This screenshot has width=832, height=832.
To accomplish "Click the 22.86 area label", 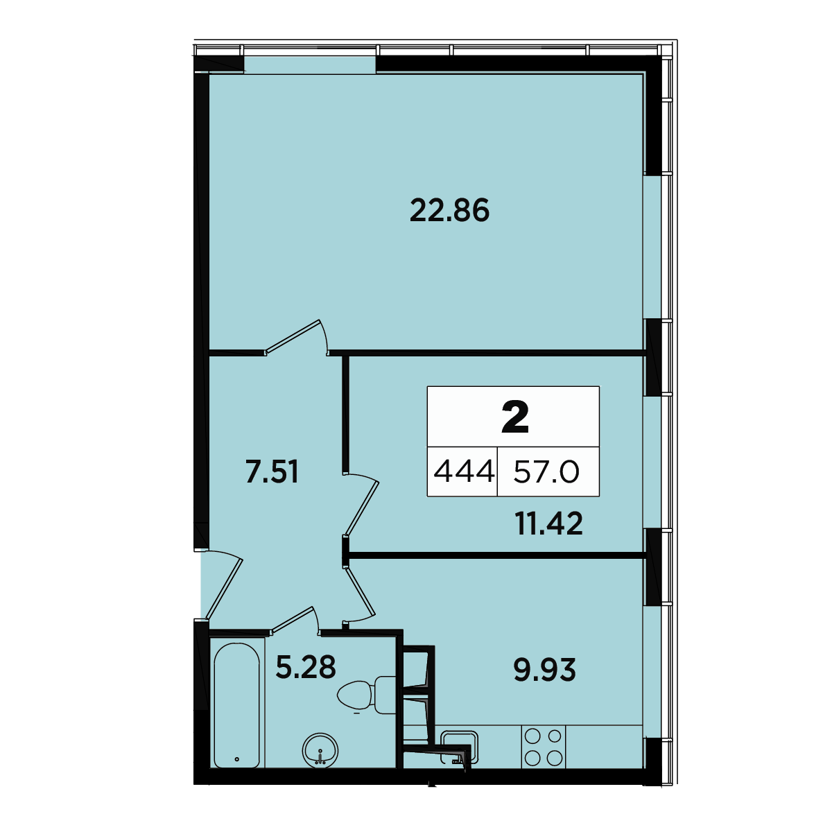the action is [449, 210].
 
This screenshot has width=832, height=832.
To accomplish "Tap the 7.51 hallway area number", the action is [272, 472].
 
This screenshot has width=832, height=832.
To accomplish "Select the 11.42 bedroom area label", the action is [548, 523].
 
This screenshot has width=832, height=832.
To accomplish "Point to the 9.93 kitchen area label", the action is [544, 670].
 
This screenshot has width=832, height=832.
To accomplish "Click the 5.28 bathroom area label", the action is [306, 666].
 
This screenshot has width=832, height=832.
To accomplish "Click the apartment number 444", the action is [464, 471].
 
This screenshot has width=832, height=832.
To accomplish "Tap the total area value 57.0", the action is [546, 471].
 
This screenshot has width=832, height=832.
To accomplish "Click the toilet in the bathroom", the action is [366, 695].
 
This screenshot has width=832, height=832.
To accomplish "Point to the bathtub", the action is [236, 705].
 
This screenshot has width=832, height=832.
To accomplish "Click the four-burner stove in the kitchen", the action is [543, 747].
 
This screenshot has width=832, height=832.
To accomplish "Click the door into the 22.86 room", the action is [296, 338].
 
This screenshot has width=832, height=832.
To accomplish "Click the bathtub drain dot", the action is [236, 759].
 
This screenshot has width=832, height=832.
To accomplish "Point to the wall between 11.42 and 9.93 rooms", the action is [496, 555].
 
